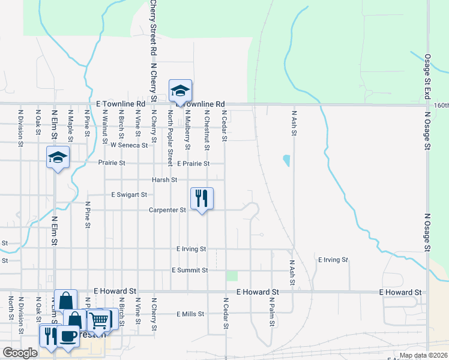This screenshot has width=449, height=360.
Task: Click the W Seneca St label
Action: [128, 145]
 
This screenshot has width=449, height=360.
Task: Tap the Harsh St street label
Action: [164, 179]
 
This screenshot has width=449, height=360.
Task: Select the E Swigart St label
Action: [129, 195]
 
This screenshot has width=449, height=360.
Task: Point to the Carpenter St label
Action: [167, 210]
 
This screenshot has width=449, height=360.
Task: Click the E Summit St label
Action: [190, 270]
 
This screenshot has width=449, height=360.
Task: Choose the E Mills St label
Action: [191, 314]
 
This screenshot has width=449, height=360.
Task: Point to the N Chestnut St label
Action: [206, 130]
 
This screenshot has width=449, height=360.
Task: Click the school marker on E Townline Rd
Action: [180, 91]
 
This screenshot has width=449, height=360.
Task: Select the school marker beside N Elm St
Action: [58, 158]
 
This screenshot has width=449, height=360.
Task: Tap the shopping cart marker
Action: [99, 319]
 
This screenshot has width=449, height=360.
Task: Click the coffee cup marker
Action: [68, 337]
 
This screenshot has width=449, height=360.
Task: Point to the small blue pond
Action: [286, 161]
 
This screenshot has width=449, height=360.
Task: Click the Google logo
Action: [20, 353]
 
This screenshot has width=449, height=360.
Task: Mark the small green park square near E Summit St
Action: [232, 275]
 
